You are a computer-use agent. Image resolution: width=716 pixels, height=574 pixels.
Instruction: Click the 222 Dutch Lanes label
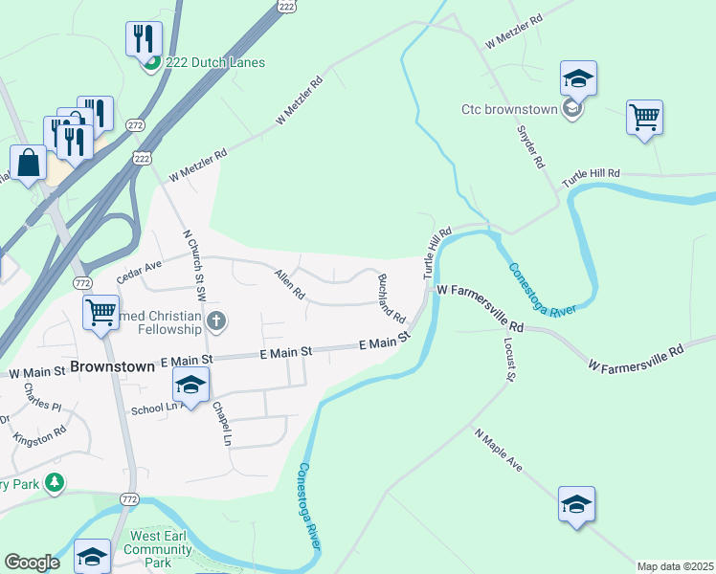pyautogui.click(x=214, y=62)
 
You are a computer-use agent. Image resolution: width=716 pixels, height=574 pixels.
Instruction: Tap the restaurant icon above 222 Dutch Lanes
pyautogui.click(x=144, y=39)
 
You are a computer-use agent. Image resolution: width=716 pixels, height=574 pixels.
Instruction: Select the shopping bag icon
pyautogui.click(x=29, y=164)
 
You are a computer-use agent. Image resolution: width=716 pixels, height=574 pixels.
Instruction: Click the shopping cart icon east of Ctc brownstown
pyautogui.click(x=645, y=119)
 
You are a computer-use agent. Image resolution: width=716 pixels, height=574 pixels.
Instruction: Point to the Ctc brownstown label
pyautogui.click(x=509, y=109)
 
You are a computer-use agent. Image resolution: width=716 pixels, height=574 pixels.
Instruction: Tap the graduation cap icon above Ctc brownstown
pyautogui.click(x=578, y=78)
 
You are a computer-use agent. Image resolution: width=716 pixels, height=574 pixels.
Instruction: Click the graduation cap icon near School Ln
pyautogui.click(x=191, y=386)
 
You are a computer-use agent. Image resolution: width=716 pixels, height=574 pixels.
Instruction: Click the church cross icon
pyautogui.click(x=217, y=321)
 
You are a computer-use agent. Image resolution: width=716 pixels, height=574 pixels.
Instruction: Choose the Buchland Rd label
pyautogui.click(x=392, y=298)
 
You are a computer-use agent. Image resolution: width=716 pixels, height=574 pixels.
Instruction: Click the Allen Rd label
pyautogui.click(x=289, y=285)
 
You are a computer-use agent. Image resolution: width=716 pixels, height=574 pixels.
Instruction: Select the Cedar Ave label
pyautogui.click(x=140, y=273)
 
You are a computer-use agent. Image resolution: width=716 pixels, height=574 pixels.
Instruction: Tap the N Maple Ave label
pyautogui.click(x=499, y=449)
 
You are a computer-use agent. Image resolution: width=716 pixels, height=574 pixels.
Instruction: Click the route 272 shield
pyautogui.click(x=136, y=125)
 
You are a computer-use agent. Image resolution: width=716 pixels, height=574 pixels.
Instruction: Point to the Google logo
pyautogui.click(x=32, y=563)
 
